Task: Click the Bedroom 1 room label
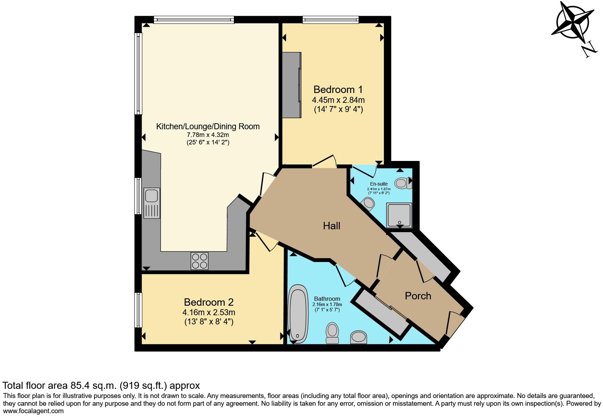tap(338, 89)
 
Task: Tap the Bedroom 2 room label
tap(209, 302)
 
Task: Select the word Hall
tap(331, 226)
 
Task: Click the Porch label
tap(418, 296)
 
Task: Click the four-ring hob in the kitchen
tap(199, 261)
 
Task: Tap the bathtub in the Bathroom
tap(298, 314)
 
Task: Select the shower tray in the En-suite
tap(399, 215)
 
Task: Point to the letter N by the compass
tap(589, 49)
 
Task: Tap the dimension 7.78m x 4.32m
tap(208, 135)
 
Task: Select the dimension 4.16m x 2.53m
tap(209, 312)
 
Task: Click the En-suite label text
tap(379, 184)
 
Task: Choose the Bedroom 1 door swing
tap(324, 161)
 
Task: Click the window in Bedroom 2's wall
tap(138, 310)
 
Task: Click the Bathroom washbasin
tap(359, 337)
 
